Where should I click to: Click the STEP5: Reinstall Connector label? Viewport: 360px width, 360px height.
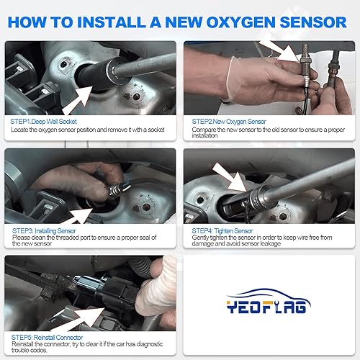tap(48, 337)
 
